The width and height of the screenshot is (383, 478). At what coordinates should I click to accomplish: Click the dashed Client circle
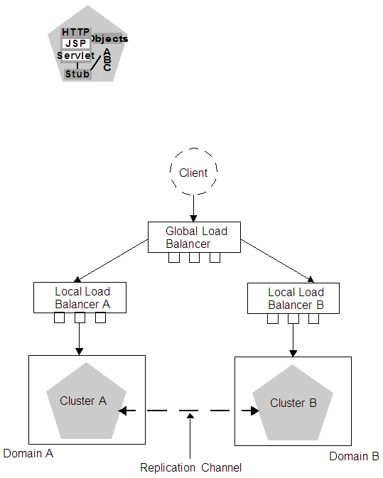[x=193, y=173]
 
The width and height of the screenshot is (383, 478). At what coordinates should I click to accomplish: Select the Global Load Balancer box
[x=194, y=237]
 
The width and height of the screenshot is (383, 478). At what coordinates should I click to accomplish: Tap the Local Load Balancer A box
[x=82, y=298]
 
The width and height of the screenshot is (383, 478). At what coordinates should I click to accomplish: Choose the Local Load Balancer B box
[x=295, y=298]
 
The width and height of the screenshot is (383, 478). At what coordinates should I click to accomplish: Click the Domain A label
[x=28, y=452]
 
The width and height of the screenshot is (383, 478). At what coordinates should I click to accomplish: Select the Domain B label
[x=354, y=456]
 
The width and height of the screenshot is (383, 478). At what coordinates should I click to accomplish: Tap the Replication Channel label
[x=190, y=467]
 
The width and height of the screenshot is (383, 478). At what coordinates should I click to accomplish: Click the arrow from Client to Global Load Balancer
[x=193, y=208]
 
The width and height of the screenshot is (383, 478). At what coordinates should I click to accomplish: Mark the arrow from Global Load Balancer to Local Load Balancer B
[x=277, y=260]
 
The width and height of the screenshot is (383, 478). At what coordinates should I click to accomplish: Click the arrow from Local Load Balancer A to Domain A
[x=80, y=340]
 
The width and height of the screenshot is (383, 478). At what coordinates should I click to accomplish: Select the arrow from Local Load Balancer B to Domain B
[x=293, y=340]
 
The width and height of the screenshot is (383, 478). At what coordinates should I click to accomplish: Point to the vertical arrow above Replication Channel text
[x=190, y=437]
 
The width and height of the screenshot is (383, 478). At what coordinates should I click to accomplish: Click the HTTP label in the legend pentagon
[x=76, y=32]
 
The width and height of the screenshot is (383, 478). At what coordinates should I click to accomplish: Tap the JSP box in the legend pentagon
[x=75, y=43]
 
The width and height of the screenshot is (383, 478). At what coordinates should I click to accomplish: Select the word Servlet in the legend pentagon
[x=75, y=55]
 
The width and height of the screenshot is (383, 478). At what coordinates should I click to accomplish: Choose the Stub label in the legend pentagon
[x=77, y=73]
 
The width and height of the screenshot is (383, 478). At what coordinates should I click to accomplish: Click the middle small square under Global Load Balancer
[x=194, y=257]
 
